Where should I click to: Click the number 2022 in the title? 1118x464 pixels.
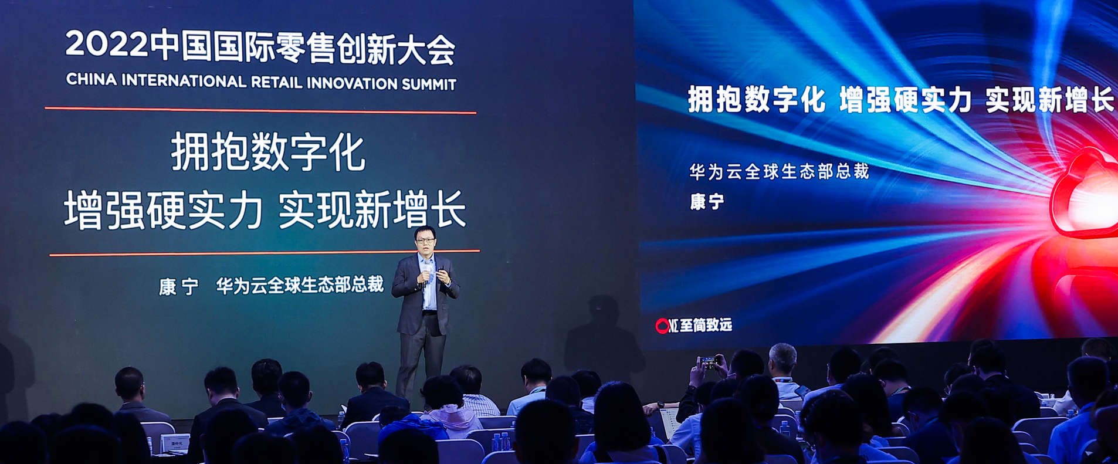coord(106,43)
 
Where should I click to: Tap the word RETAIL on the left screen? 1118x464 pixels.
coord(276,82)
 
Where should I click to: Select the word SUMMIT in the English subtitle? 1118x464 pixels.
coord(428,84)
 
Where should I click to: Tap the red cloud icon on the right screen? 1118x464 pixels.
coord(1085,194)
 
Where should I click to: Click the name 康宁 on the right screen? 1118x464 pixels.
coord(707,202)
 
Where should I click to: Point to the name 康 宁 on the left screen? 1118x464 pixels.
coord(178,287)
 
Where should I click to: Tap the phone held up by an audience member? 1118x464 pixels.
coord(709,361)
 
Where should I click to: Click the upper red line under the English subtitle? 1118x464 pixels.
coord(260,110)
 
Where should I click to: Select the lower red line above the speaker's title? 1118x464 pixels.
coord(265,253)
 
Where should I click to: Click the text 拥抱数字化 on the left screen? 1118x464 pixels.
coord(268,153)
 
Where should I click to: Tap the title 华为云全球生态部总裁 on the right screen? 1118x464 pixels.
coord(779,172)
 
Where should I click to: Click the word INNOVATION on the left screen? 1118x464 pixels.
coord(351,83)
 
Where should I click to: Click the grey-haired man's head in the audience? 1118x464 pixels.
coord(782,359)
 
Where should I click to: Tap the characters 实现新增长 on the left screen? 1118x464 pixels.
coord(372,209)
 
